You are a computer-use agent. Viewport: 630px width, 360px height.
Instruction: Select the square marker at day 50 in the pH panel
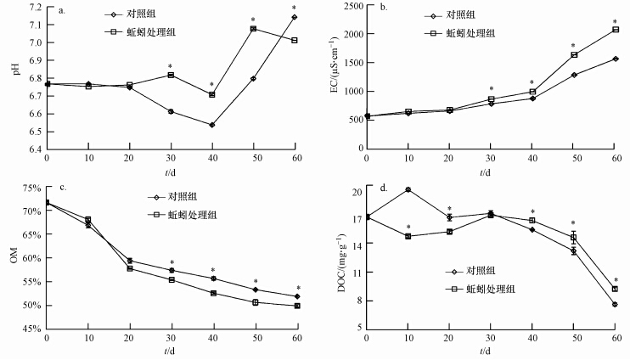[253, 29]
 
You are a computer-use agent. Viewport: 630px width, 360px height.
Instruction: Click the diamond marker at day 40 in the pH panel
[211, 125]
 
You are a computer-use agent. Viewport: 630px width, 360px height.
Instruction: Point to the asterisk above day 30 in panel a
[171, 66]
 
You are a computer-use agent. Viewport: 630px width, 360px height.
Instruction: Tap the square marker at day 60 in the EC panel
[615, 30]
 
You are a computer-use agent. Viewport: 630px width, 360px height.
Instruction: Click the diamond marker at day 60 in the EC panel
[615, 59]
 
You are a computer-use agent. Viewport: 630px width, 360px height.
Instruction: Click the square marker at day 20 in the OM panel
[129, 268]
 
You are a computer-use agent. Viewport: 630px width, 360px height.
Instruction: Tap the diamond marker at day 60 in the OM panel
[295, 296]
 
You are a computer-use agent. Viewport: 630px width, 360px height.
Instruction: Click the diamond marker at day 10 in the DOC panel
[408, 189]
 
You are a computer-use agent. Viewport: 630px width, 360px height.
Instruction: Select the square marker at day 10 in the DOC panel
[408, 236]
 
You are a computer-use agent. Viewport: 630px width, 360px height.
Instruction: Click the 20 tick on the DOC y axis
[356, 191]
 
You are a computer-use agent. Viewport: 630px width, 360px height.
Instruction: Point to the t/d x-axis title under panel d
[490, 350]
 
